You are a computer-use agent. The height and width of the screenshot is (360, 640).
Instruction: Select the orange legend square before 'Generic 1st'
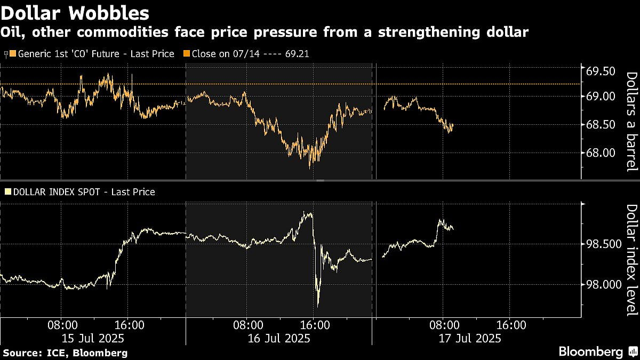pos(13,54)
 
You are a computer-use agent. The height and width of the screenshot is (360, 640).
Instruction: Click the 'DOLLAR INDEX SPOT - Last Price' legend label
pos(83,191)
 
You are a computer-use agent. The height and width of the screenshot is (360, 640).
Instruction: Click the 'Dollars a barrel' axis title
pos(631,122)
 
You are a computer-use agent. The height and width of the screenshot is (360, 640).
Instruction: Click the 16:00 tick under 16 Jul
pos(314,324)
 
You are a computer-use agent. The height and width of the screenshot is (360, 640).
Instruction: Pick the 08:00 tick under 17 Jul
pos(444,324)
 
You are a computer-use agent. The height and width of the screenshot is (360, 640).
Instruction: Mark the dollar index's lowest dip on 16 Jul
pos(318,306)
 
